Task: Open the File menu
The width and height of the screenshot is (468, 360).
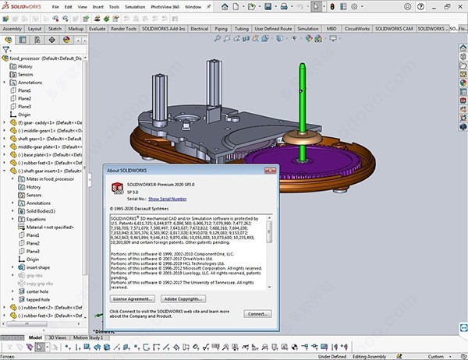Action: coord(55,6)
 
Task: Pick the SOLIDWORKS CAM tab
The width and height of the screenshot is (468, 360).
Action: coord(395,28)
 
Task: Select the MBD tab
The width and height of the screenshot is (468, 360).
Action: coord(332,28)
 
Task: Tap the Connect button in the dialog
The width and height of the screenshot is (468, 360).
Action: coord(257,313)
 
